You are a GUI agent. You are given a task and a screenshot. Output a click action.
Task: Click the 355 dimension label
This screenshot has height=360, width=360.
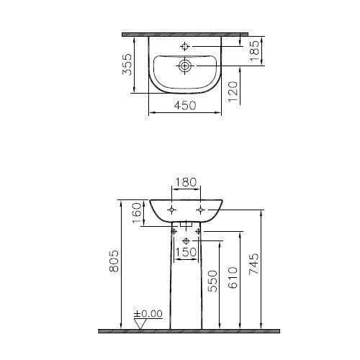tap(127, 65)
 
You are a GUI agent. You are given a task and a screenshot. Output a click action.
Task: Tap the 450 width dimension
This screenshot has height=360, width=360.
tap(185, 105)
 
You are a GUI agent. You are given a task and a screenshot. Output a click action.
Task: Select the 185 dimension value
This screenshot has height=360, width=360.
tap(254, 50)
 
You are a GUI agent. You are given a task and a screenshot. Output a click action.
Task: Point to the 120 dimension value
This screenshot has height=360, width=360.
tap(233, 91)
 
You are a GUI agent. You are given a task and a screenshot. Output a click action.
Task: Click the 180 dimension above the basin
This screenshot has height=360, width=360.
tap(186, 182)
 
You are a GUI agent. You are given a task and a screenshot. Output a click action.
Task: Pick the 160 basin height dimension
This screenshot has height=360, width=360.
tap(137, 213)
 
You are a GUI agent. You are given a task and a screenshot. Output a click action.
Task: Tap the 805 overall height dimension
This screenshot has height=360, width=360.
tap(114, 261)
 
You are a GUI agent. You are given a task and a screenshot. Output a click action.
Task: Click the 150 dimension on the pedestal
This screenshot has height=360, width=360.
tap(186, 252)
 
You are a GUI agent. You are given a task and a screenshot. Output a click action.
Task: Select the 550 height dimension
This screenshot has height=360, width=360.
tap(212, 281)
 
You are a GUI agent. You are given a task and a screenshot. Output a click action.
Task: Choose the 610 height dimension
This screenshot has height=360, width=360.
tap(233, 277)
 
